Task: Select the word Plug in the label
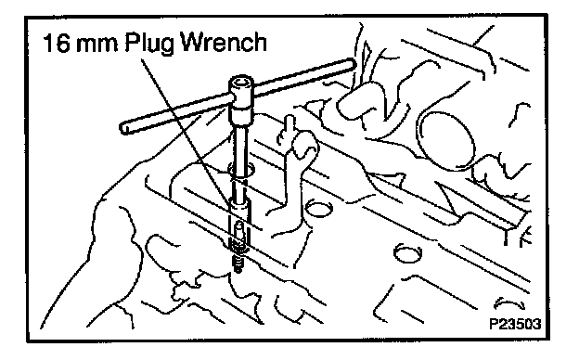[x=149, y=45]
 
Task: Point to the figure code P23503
[x=515, y=324]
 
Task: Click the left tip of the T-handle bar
[x=123, y=128]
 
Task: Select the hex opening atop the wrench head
[x=241, y=82]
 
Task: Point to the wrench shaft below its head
[x=242, y=148]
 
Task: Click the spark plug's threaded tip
[x=238, y=264]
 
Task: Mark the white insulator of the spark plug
[x=239, y=230]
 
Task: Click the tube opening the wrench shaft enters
[x=241, y=170]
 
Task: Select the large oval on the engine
[x=445, y=141]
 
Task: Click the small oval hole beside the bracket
[x=318, y=209]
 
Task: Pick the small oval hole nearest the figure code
[x=407, y=252]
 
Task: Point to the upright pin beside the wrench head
[x=289, y=128]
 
